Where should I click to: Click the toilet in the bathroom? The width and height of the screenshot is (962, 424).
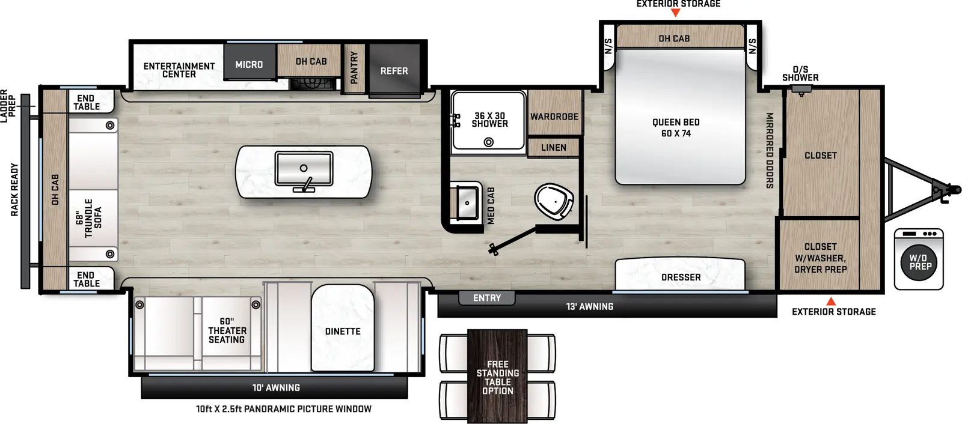tap(553, 202)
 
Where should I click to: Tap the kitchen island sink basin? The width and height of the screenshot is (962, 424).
tap(304, 169)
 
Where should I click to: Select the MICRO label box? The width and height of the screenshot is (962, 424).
tap(249, 64)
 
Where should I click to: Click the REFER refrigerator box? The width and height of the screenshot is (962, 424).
tap(394, 71)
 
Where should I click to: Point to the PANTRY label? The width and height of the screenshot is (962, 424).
tap(354, 67)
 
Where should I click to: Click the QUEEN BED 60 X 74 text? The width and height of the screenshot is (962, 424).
tap(676, 128)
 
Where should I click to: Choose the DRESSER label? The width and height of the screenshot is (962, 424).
tap(681, 277)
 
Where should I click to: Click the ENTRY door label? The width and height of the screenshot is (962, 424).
tap(486, 298)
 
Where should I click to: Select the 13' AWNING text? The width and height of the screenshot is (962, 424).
tap(589, 307)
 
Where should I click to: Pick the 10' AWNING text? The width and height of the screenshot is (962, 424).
tap(276, 388)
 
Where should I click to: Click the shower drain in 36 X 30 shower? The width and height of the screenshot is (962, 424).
tap(489, 142)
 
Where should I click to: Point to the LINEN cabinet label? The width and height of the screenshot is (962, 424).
tap(553, 148)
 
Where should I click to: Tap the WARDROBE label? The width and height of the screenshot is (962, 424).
tap(554, 117)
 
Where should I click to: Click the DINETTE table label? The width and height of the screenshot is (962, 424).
tap(343, 332)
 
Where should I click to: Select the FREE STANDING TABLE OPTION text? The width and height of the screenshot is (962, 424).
tap(498, 378)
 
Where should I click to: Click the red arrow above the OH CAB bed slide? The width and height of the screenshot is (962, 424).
tap(675, 13)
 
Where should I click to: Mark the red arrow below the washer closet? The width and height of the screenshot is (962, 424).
tap(831, 301)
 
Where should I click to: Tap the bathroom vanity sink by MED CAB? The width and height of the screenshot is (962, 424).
tap(467, 202)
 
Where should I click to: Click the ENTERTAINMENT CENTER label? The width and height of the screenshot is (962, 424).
tap(179, 70)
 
